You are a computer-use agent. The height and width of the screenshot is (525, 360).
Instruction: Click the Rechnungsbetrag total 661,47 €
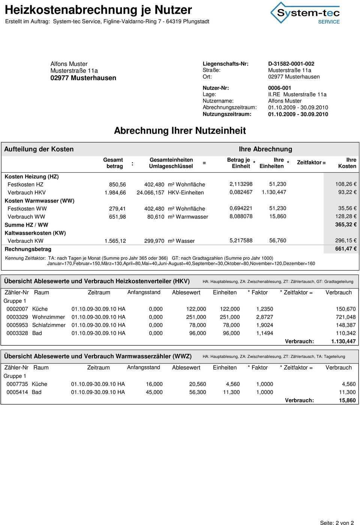[345, 249]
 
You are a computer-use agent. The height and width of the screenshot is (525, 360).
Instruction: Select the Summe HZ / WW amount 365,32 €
[345, 225]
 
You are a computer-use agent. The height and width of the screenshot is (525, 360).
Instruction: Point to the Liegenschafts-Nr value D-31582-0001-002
[291, 64]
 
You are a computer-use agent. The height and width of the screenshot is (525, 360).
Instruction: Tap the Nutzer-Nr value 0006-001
[280, 88]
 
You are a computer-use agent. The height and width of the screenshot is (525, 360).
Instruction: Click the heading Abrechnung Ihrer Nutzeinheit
[180, 130]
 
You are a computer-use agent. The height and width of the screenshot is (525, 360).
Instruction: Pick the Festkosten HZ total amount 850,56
[117, 185]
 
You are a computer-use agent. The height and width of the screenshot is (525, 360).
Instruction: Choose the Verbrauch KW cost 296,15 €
[345, 241]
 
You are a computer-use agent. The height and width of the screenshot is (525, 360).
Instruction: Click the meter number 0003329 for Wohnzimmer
[17, 317]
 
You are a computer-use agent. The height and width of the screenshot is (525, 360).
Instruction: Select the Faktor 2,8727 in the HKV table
[264, 317]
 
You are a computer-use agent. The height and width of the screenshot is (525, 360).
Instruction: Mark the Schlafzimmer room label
[49, 325]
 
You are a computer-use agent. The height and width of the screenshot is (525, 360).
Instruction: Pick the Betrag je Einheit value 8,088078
[241, 217]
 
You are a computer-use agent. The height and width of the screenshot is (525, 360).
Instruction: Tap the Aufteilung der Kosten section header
[39, 149]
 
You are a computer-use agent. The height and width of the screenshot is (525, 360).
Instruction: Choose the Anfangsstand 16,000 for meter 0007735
[154, 384]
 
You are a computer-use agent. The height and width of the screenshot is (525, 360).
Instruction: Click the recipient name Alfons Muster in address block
[69, 64]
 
